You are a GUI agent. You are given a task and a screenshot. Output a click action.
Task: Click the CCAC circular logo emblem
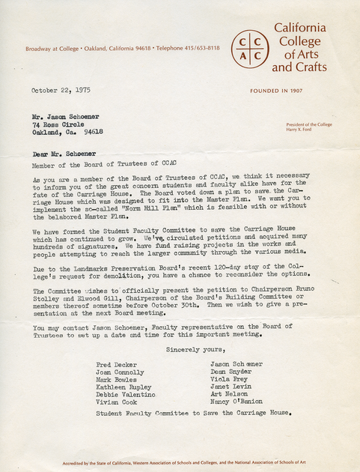pyautogui.click(x=248, y=47)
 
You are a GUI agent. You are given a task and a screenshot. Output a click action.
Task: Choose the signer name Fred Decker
pyautogui.click(x=117, y=364)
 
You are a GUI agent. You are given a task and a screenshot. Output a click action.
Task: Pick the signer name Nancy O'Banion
pyautogui.click(x=237, y=402)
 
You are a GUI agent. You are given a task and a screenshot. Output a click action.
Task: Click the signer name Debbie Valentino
pyautogui.click(x=126, y=394)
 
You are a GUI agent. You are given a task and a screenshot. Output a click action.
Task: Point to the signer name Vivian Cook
pyautogui.click(x=115, y=402)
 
